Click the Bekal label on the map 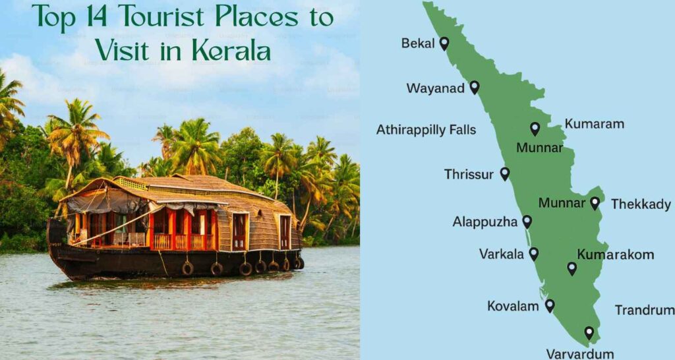418,44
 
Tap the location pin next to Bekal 444,44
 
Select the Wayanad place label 435,88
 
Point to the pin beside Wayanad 474,87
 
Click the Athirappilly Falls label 426,130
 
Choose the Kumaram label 594,124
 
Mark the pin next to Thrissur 504,173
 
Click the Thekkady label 640,204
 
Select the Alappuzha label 484,222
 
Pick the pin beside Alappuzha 527,222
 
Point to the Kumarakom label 615,255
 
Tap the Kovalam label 513,307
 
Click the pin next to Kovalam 549,305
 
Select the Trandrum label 644,310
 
